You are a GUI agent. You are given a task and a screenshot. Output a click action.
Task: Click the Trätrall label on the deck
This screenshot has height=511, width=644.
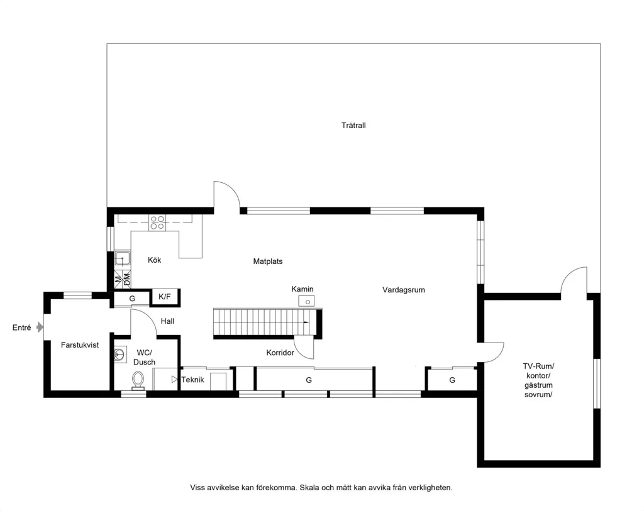pos(353,125)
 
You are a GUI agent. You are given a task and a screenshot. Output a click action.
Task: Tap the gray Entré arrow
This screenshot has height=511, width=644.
pos(40,327)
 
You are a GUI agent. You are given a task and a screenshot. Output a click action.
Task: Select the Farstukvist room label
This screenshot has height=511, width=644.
pos(80,345)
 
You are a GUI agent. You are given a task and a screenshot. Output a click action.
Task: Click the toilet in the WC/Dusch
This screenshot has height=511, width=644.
pos(138,380)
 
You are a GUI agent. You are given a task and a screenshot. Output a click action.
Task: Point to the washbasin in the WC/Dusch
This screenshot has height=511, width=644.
pos(119,354)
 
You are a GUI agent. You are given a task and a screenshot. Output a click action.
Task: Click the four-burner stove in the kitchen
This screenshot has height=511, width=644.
pos(157,223)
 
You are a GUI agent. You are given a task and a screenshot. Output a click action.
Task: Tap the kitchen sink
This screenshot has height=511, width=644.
pos(123,258)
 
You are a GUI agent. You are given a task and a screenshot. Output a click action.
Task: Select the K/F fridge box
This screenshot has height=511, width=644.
pos(165,297)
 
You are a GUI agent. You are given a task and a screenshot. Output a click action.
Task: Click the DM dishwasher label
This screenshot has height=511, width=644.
pos(127,279)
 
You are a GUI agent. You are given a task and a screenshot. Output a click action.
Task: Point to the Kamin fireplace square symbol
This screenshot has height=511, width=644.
pos(306,301)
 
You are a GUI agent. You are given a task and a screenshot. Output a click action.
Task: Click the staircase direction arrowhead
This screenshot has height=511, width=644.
pos(306,322)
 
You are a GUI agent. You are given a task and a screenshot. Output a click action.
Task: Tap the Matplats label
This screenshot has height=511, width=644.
pos(268,261)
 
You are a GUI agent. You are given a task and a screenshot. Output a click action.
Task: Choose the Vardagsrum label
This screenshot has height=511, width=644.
pos(403,290)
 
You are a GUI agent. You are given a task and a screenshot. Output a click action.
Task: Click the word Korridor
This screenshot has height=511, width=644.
pos(280,353)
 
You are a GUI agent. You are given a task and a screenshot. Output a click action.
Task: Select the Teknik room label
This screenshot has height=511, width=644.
pos(192,380)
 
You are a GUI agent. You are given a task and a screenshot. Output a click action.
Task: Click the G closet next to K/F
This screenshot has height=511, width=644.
pos(132,299)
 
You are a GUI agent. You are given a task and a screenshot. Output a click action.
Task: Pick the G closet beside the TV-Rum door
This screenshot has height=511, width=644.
pos(452,380)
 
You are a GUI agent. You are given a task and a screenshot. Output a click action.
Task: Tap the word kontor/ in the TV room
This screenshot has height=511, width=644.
pos(538,376)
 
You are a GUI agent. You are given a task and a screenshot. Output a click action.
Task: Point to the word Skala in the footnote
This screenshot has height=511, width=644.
pos(308,488)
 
